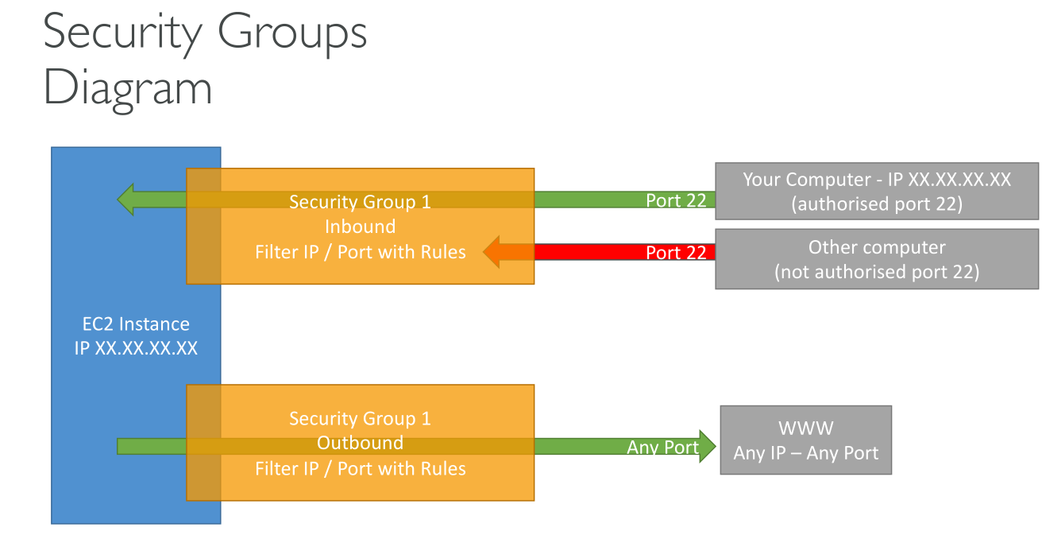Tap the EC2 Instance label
coord(136,324)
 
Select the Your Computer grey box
coord(877,191)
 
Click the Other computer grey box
coord(877,259)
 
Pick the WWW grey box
coord(805,440)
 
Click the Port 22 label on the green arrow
coord(675,200)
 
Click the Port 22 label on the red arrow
coord(675,253)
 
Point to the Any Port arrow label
coord(662,448)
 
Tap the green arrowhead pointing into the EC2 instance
coord(126,200)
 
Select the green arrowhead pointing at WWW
coord(708,447)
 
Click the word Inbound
coord(360,227)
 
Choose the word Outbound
coord(360,443)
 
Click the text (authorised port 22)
coord(877,204)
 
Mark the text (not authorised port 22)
coord(877,272)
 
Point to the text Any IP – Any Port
coord(805,453)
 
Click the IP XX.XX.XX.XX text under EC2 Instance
coord(136,348)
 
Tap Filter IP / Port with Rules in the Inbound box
coord(360,252)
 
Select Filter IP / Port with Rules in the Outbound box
coord(360,468)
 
